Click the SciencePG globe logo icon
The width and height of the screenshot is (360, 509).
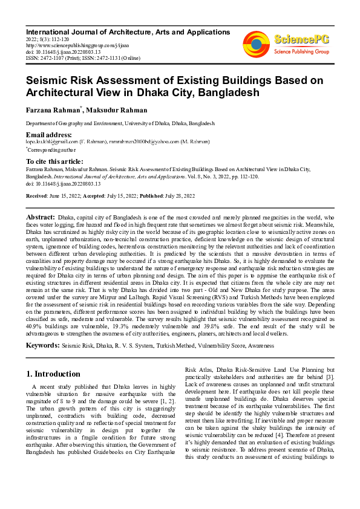[x=256, y=44]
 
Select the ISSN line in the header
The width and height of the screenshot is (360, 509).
[x=83, y=58]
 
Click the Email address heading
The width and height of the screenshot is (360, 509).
[x=49, y=134]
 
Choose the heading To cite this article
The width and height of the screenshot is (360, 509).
[x=54, y=161]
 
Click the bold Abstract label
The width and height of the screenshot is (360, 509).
[x=41, y=216]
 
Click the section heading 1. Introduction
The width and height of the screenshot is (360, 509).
[x=54, y=374]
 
